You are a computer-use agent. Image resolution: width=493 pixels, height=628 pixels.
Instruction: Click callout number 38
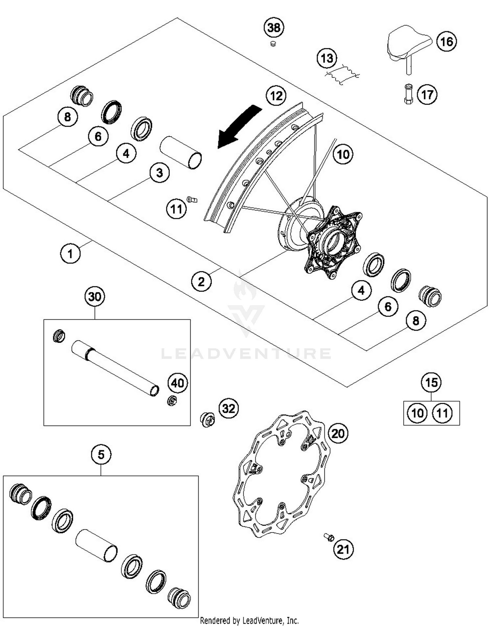(x=274, y=28)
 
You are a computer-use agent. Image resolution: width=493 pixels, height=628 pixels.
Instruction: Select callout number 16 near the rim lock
(x=446, y=42)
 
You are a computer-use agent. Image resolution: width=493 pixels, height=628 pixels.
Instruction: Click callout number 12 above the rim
(x=276, y=96)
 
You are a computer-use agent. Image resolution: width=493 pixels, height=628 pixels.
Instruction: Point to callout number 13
(x=327, y=59)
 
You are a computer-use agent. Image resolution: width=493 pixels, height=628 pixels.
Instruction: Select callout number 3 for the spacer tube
(x=159, y=173)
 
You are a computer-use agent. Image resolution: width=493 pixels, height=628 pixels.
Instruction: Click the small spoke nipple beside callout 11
(x=192, y=199)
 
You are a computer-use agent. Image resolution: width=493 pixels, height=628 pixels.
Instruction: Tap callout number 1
(x=70, y=254)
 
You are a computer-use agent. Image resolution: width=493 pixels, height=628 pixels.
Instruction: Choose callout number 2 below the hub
(x=201, y=282)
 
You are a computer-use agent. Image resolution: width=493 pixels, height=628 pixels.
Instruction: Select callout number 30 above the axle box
(x=95, y=297)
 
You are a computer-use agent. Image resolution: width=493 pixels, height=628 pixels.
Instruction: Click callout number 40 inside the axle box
(x=177, y=383)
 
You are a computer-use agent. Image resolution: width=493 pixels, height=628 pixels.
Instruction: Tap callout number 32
(x=229, y=409)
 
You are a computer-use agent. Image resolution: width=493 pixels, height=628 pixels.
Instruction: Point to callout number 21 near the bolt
(x=343, y=549)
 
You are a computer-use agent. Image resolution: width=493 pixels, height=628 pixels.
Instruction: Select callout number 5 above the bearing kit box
(x=101, y=455)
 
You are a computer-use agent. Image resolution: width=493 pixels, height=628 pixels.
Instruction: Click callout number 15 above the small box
(x=431, y=382)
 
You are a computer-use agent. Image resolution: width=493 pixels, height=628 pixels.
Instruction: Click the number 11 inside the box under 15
(x=442, y=413)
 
